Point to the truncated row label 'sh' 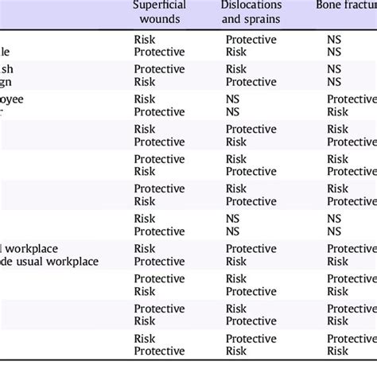pyautogui.click(x=10, y=68)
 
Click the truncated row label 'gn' pyautogui.click(x=10, y=80)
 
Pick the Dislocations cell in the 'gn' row pyautogui.click(x=251, y=80)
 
